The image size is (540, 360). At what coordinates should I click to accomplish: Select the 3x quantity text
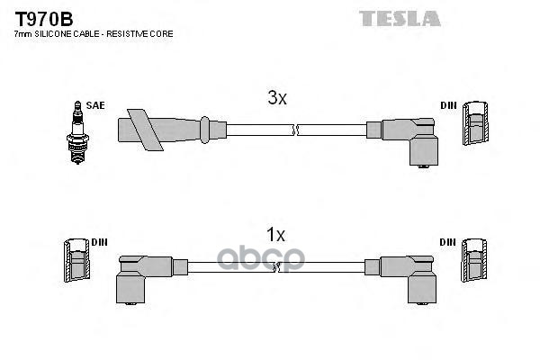(x=276, y=100)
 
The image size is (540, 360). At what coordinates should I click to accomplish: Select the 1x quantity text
(x=275, y=235)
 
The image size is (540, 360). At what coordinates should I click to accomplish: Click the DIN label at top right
(x=448, y=105)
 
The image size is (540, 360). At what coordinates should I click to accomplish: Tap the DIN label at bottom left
(x=99, y=242)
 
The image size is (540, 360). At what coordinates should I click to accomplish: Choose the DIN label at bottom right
(x=448, y=242)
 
